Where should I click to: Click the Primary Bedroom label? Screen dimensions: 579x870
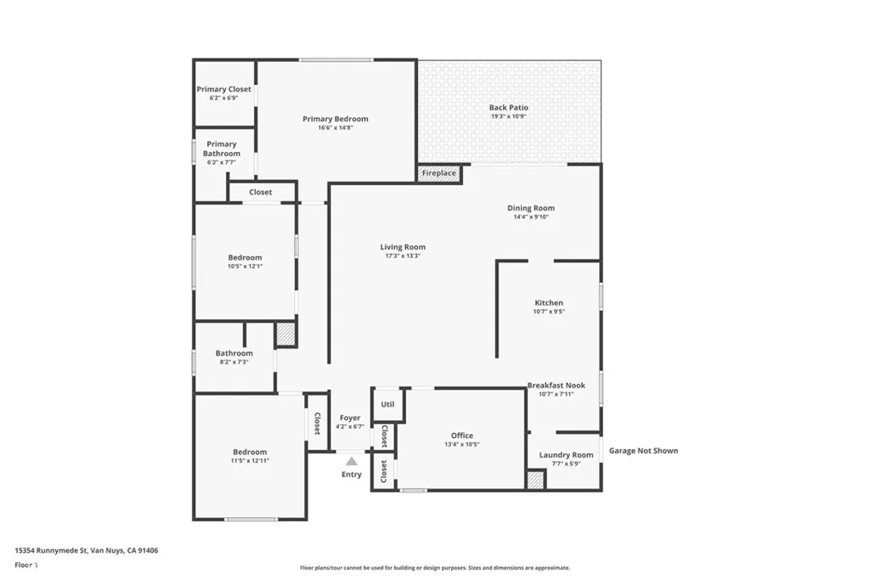pyautogui.click(x=336, y=119)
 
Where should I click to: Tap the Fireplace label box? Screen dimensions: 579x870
pyautogui.click(x=438, y=173)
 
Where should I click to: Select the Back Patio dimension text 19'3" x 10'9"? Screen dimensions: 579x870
pyautogui.click(x=508, y=116)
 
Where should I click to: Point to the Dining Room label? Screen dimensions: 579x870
pyautogui.click(x=531, y=208)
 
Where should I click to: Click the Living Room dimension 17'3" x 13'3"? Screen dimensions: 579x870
pyautogui.click(x=403, y=256)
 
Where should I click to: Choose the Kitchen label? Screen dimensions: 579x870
pyautogui.click(x=549, y=303)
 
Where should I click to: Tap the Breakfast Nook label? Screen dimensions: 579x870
pyautogui.click(x=556, y=385)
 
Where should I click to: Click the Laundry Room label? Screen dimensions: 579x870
pyautogui.click(x=566, y=455)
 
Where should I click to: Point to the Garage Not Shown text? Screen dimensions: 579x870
pyautogui.click(x=643, y=451)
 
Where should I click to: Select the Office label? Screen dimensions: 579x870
pyautogui.click(x=462, y=436)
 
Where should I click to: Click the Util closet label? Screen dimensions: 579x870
pyautogui.click(x=387, y=405)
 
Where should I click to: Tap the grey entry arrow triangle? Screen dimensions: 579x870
pyautogui.click(x=351, y=461)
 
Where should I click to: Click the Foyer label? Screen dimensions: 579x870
pyautogui.click(x=350, y=418)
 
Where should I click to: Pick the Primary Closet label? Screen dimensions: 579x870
pyautogui.click(x=224, y=89)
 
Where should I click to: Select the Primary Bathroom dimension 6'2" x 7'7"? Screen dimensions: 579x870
pyautogui.click(x=222, y=162)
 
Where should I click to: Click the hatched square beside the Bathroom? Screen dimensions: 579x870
pyautogui.click(x=286, y=334)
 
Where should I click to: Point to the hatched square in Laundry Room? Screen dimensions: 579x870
pyautogui.click(x=535, y=480)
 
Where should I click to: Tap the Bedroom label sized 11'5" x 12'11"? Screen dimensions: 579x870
pyautogui.click(x=250, y=452)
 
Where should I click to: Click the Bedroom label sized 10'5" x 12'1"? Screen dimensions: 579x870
pyautogui.click(x=245, y=257)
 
